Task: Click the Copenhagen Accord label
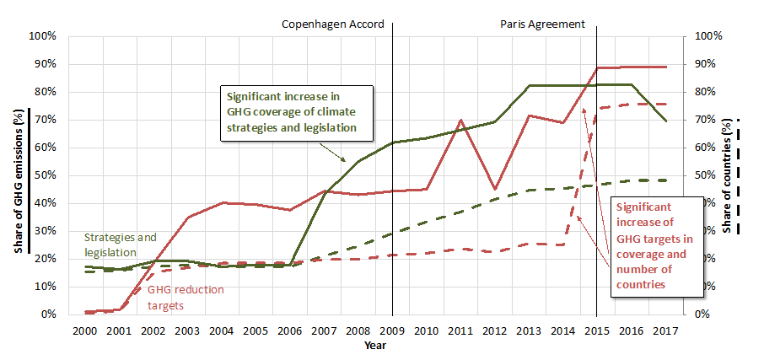point(332,24)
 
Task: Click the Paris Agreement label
point(541,24)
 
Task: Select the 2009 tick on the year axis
point(393,330)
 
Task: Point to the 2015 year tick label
point(597,330)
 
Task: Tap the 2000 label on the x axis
point(85,330)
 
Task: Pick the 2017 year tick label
point(665,330)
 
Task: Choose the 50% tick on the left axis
point(45,175)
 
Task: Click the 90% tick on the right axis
point(708,64)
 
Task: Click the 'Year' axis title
point(375,345)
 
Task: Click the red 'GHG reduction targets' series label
point(186,297)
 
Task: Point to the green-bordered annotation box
point(296,113)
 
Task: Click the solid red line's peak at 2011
point(460,120)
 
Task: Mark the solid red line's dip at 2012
point(495,189)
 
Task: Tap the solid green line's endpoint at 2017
point(666,121)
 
